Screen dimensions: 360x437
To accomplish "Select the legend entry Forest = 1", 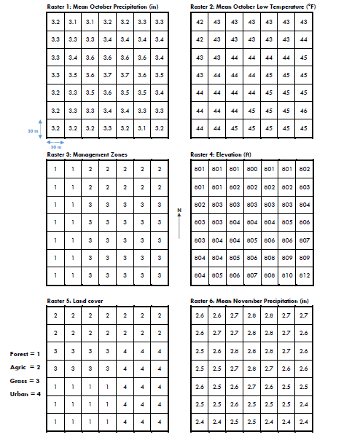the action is click(25, 354).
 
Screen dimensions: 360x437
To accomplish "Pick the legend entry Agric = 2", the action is click(26, 367).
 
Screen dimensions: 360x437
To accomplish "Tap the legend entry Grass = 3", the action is click(26, 380).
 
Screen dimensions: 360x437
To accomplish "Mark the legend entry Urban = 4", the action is click(26, 394).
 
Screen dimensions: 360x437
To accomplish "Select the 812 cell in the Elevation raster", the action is click(304, 275).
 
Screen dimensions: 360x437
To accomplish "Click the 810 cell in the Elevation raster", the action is click(286, 275).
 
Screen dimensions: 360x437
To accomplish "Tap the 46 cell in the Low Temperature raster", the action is click(304, 110).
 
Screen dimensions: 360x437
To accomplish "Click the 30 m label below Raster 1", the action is click(56, 146).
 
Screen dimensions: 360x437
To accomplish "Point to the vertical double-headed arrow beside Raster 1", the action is click(41, 127).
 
